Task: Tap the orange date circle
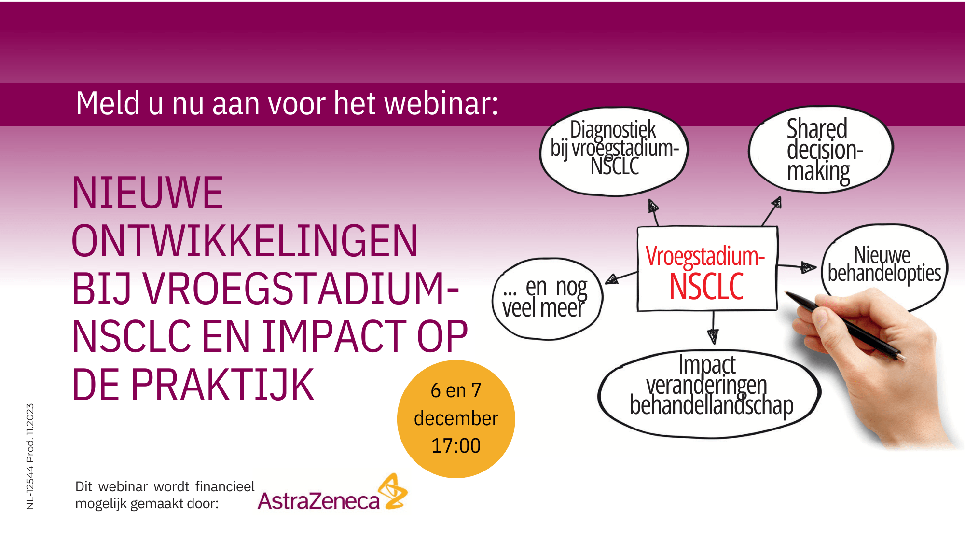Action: point(456,419)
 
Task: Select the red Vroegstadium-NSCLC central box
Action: point(707,269)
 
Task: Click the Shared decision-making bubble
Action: point(820,150)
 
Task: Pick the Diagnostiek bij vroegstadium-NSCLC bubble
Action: point(614,152)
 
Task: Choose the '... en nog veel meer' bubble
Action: point(547,299)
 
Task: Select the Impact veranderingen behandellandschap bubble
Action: point(709,394)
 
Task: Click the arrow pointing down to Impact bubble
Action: point(713,327)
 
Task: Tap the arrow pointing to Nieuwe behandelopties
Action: point(796,266)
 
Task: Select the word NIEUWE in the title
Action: point(147,193)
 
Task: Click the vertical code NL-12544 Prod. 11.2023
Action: point(30,457)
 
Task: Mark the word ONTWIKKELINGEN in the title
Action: point(244,241)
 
